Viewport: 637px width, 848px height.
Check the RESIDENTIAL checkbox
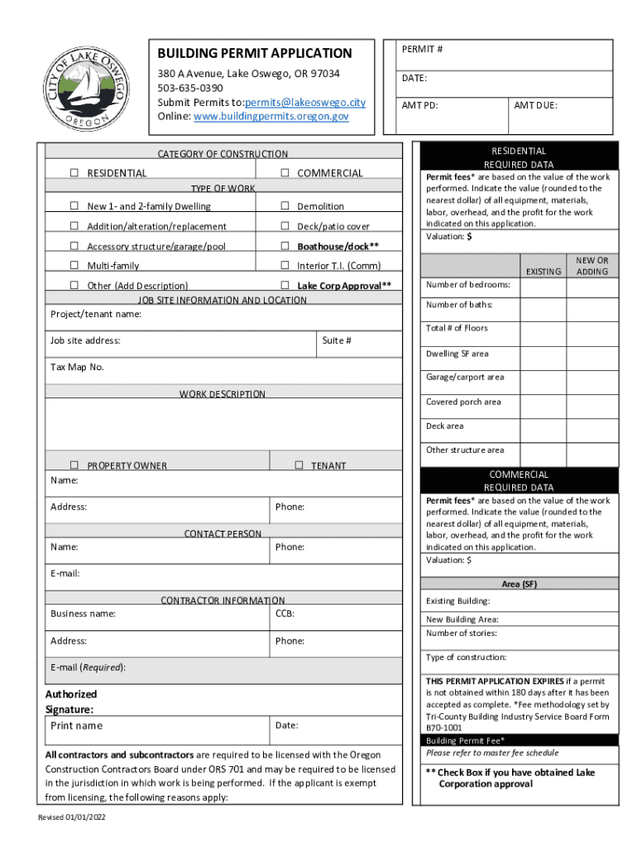pyautogui.click(x=74, y=173)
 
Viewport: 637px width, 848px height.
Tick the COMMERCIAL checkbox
pyautogui.click(x=284, y=173)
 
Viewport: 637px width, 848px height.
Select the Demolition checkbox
pyautogui.click(x=284, y=206)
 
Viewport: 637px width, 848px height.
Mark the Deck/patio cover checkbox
pyautogui.click(x=284, y=226)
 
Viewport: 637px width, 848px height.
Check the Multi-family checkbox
pyautogui.click(x=74, y=266)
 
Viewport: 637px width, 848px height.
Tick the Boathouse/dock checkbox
pyautogui.click(x=284, y=246)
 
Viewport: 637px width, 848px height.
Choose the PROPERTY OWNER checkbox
pyautogui.click(x=74, y=465)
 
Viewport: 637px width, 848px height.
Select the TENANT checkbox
pyautogui.click(x=299, y=465)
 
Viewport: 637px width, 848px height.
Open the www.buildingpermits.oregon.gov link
pyautogui.click(x=271, y=117)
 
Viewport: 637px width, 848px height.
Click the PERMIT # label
pyautogui.click(x=422, y=50)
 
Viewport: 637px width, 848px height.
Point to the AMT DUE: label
pyautogui.click(x=535, y=106)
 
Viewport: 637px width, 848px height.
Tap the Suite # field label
pyautogui.click(x=337, y=340)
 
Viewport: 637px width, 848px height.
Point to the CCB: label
pyautogui.click(x=285, y=614)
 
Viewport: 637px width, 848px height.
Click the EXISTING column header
pyautogui.click(x=544, y=272)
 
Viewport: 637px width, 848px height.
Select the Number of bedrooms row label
pyautogui.click(x=468, y=285)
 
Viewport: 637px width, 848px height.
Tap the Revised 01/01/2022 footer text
pyautogui.click(x=72, y=817)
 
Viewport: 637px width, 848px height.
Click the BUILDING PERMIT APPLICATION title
pyautogui.click(x=255, y=53)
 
